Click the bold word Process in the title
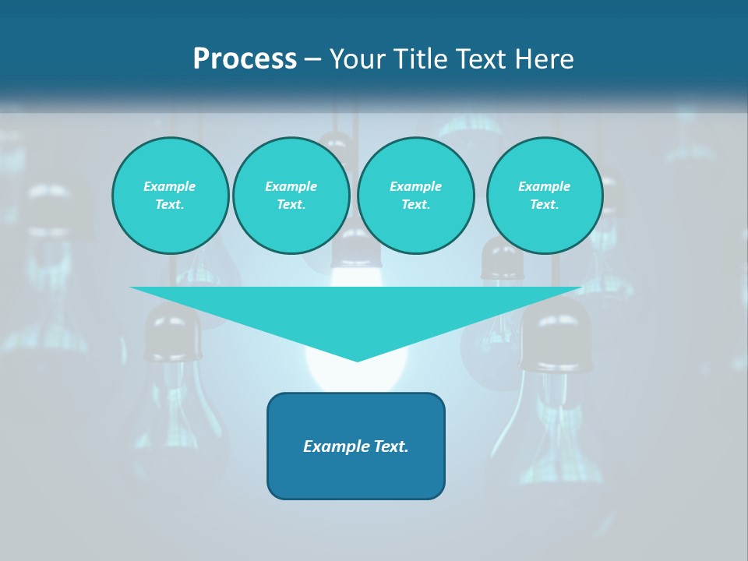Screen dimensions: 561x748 pos(245,59)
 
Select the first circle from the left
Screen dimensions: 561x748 pos(171,196)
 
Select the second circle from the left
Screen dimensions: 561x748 pos(291,196)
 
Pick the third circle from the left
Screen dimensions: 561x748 pos(415,196)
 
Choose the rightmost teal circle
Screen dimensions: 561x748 pos(545,196)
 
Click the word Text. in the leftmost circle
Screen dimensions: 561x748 pos(170,205)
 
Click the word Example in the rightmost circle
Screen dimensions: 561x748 pos(545,186)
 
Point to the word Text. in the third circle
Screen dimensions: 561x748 pos(415,205)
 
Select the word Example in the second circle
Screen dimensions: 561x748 pos(291,186)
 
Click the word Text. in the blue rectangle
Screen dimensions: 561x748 pos(390,446)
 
